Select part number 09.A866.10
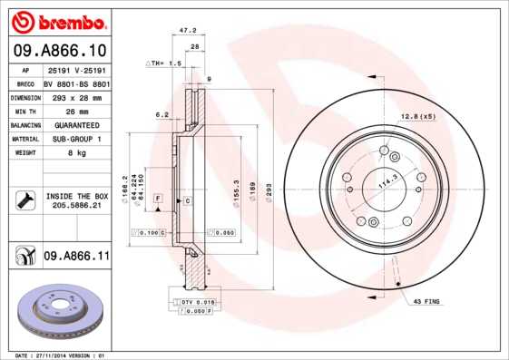pos(59,51)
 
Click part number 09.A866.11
pos(76,257)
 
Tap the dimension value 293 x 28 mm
pos(76,97)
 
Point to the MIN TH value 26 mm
pos(76,111)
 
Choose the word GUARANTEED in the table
pos(76,124)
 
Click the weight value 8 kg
pos(76,152)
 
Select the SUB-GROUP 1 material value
pos(76,139)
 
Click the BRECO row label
pos(26,83)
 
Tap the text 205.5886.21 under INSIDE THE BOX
pos(76,206)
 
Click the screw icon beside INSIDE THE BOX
pos(24,200)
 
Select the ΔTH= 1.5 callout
pos(164,64)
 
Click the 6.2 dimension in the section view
pos(162,114)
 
